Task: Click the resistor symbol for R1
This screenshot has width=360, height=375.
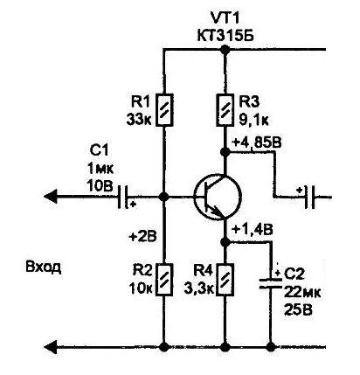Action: pos(165,110)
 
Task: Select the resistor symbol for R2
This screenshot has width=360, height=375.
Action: pos(165,280)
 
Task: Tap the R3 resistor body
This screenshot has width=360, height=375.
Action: pos(225,110)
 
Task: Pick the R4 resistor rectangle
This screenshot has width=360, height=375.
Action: pos(225,280)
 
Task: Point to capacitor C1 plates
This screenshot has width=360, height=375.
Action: pos(123,197)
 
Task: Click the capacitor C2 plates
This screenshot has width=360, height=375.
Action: pos(271,283)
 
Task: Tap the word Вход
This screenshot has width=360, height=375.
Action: pos(44,267)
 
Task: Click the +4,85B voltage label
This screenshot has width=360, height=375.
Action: pos(257,142)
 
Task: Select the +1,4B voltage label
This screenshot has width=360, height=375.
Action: pos(253,230)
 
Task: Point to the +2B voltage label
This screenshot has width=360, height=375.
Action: pos(142,236)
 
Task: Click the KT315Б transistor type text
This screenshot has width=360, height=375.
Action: pos(225,37)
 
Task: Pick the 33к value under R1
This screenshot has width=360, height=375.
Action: pos(139,120)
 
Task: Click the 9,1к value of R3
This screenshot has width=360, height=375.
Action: pos(253,120)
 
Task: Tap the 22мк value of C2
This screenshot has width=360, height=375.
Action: pos(302,292)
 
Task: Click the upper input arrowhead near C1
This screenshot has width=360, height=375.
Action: pos(50,197)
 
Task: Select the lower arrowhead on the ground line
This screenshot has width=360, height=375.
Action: pos(50,347)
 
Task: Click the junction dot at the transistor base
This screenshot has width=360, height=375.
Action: pos(163,197)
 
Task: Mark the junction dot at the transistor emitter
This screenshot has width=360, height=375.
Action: pos(225,241)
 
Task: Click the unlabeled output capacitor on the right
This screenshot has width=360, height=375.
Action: pos(310,197)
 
